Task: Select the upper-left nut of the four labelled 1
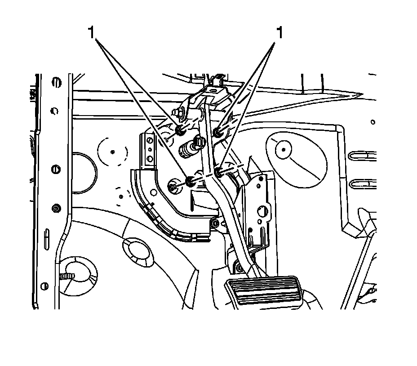pos(180,130)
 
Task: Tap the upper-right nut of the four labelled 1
pos(217,132)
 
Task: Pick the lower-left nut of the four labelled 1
pos(190,181)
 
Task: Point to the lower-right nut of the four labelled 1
pos(219,171)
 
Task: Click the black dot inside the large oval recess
pos(284,148)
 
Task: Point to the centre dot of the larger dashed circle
pos(112,151)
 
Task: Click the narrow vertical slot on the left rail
pos(47,238)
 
